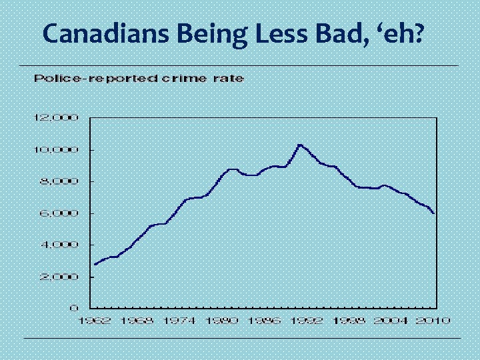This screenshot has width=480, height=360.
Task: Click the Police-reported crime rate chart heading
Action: pyautogui.click(x=139, y=79)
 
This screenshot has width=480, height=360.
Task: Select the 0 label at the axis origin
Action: pyautogui.click(x=76, y=308)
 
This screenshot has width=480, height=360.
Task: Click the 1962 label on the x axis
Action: pyautogui.click(x=96, y=321)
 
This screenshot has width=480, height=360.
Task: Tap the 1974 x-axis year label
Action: pyautogui.click(x=179, y=321)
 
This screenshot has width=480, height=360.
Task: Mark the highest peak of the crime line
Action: pyautogui.click(x=300, y=144)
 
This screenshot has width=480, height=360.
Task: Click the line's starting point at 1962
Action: pyautogui.click(x=95, y=264)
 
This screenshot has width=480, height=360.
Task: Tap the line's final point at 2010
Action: pyautogui.click(x=435, y=213)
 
